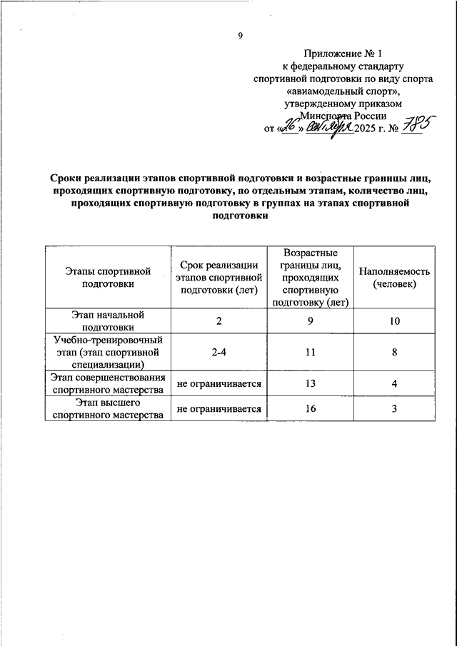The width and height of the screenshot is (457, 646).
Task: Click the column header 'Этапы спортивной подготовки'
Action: [109, 278]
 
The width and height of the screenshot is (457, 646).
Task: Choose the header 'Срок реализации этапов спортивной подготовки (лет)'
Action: [219, 278]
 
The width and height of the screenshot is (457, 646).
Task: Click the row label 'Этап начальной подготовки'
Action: [109, 321]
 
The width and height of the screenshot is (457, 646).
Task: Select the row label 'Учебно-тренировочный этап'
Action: [109, 351]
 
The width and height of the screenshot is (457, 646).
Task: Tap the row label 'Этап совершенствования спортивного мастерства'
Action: [109, 384]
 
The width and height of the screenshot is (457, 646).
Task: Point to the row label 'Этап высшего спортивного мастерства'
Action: [109, 409]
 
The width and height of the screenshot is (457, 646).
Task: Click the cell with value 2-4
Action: [219, 352]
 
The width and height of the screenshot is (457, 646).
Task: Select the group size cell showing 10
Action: [394, 321]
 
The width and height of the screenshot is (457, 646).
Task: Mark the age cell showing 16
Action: [311, 409]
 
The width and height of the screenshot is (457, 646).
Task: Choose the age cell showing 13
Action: [311, 384]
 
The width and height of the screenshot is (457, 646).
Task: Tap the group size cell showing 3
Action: [394, 409]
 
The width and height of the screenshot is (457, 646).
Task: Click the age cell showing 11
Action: [311, 352]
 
